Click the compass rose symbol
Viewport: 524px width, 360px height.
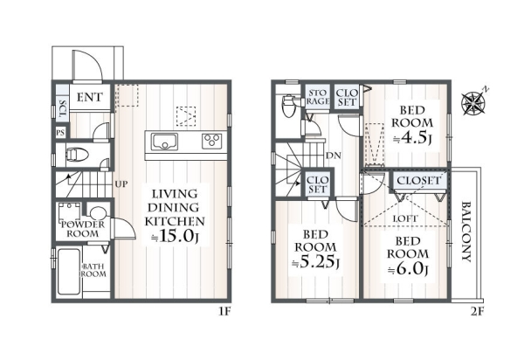tap(472, 101)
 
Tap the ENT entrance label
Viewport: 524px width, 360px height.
tap(90, 97)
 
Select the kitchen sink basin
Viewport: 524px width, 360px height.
tap(164, 142)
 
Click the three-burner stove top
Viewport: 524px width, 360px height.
tap(212, 142)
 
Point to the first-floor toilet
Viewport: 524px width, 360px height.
tap(77, 155)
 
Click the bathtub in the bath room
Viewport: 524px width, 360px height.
tap(69, 272)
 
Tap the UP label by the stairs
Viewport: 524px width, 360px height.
tap(121, 183)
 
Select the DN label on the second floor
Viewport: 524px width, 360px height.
tap(334, 156)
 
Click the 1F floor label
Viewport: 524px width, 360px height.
tap(225, 312)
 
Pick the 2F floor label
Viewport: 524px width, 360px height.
tap(477, 312)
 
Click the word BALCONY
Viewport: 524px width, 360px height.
tap(466, 232)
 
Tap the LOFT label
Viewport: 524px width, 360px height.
tap(405, 219)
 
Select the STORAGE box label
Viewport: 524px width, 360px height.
tap(318, 97)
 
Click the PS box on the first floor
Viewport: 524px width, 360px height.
tap(60, 133)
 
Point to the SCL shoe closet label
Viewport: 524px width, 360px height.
tap(62, 108)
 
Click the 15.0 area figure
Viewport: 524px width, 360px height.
tap(176, 236)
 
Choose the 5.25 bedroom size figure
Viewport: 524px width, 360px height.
tap(316, 262)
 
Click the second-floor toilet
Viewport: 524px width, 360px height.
tap(288, 107)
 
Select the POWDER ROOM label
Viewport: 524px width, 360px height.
tap(83, 229)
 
